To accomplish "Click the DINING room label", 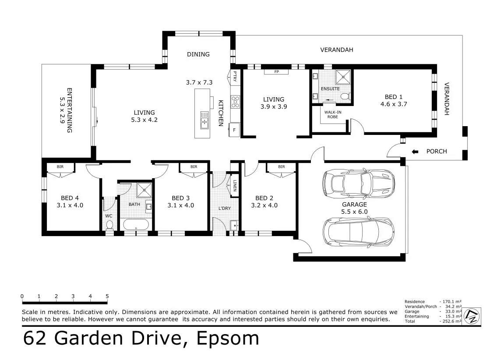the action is point(198,54).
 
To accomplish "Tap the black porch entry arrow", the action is point(415,152).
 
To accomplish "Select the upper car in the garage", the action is point(358,184).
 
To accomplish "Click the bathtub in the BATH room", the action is point(136,225).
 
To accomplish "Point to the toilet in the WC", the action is point(109,225).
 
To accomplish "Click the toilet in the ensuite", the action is point(345,96).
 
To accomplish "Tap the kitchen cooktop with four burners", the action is point(235,102).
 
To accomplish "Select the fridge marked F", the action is point(234,130).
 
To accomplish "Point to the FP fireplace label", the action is point(276,72).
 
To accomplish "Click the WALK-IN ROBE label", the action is point(333,114).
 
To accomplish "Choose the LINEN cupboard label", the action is point(235,185).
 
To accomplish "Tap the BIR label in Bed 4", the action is point(60,167).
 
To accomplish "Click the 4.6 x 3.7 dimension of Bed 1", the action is point(394,104).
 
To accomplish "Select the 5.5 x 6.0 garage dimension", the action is point(354,212).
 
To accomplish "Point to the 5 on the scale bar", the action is point(107,296).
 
